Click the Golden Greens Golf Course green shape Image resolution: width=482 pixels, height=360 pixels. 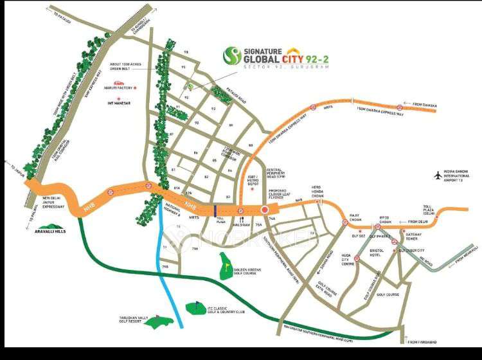pyautogui.click(x=226, y=265)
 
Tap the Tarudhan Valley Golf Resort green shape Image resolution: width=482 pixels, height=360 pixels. pyautogui.click(x=158, y=321)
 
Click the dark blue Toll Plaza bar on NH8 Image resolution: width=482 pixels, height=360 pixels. pyautogui.click(x=215, y=208)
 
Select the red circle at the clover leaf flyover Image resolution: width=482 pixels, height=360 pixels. pyautogui.click(x=263, y=210)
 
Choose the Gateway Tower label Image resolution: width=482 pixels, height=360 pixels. pyautogui.click(x=411, y=237)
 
